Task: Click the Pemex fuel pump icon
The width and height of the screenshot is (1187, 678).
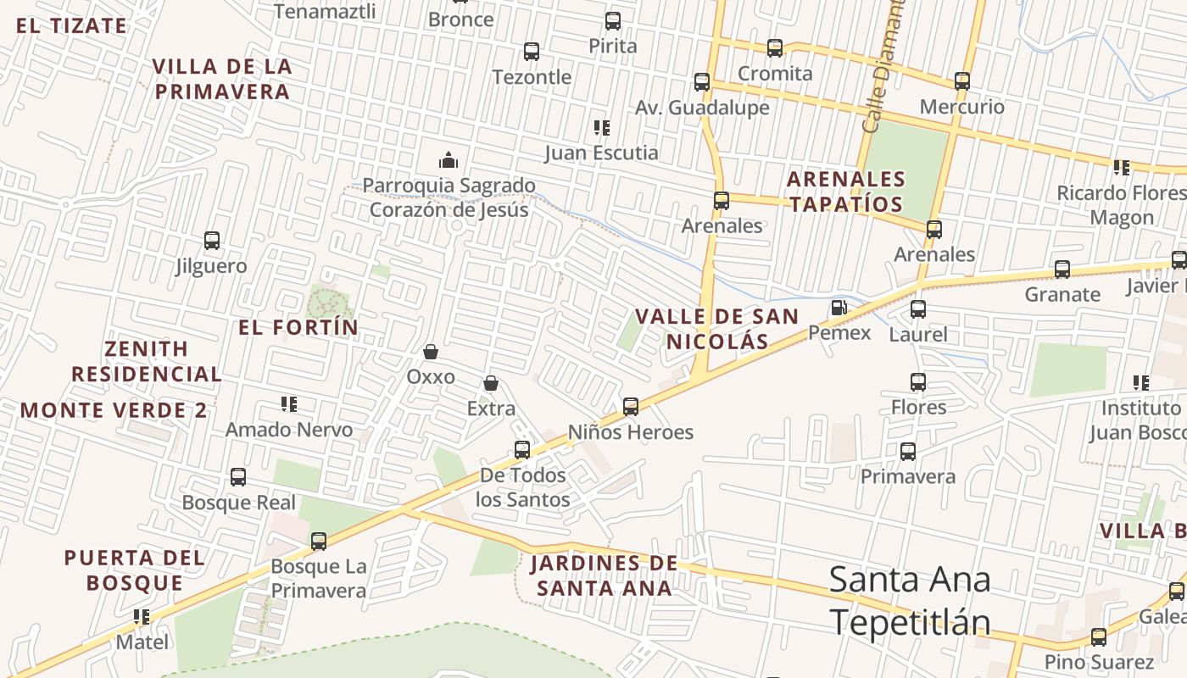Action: [x=839, y=308]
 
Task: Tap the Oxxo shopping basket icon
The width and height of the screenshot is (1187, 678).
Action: [x=431, y=352]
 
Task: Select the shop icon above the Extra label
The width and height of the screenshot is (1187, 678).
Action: [x=491, y=384]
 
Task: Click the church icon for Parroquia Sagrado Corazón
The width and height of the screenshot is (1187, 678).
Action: [x=449, y=159]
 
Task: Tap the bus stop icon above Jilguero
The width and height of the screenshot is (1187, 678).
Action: [x=212, y=241]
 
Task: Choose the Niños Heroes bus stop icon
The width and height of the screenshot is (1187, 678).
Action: [x=631, y=407]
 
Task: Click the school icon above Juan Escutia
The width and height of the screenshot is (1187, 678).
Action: [x=602, y=128]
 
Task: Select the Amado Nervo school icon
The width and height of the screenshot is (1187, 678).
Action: [x=289, y=404]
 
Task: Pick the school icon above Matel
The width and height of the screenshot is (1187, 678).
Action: [x=142, y=616]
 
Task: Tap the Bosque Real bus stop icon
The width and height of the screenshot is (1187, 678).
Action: [x=238, y=477]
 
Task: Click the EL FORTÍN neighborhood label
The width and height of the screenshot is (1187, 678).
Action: [x=298, y=327]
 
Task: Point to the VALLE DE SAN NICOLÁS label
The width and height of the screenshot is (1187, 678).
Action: [x=716, y=329]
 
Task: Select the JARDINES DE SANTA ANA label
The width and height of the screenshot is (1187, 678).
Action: [x=604, y=575]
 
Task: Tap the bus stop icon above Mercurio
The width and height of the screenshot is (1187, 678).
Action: [x=962, y=81]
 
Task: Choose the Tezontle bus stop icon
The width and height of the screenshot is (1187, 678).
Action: [x=532, y=52]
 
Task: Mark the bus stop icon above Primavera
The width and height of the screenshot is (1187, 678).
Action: [x=908, y=452]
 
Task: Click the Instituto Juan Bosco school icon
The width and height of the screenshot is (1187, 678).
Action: [x=1141, y=383]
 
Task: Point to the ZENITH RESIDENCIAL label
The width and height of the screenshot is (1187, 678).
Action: [x=147, y=361]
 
